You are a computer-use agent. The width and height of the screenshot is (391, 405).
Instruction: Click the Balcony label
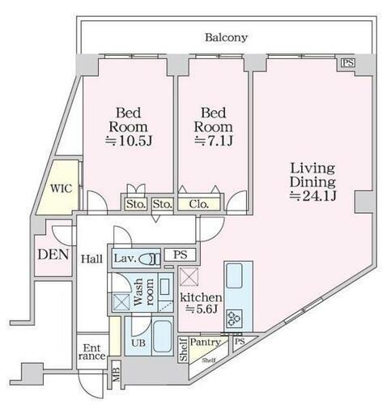point(226,37)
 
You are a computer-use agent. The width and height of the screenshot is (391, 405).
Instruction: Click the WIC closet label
point(62,188)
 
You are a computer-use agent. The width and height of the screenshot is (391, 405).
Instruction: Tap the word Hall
point(91,258)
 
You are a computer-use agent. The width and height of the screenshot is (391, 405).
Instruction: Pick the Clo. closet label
point(198,205)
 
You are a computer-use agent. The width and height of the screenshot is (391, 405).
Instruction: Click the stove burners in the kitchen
point(234,316)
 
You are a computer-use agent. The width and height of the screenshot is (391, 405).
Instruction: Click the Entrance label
point(91,352)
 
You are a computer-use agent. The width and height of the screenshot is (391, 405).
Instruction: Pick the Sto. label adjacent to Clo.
point(162,205)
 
